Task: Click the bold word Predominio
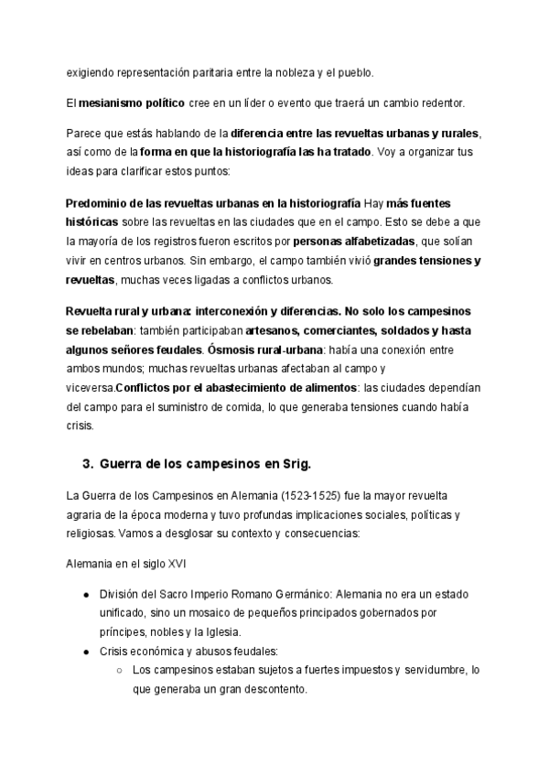(x=99, y=202)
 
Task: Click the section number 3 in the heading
(x=88, y=462)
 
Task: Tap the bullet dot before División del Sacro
(x=86, y=594)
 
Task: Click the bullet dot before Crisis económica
(x=86, y=652)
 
